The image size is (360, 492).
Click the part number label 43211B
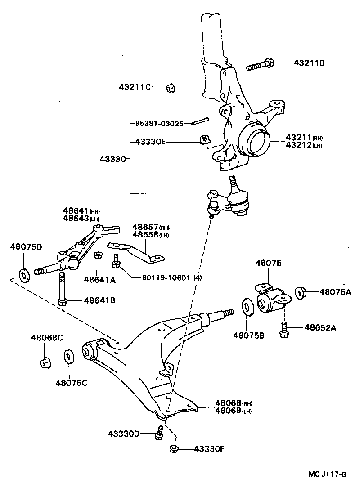[x=309, y=63]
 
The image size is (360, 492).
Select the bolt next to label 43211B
[x=260, y=65]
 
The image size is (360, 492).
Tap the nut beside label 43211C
[x=171, y=87]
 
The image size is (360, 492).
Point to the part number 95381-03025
[x=159, y=124]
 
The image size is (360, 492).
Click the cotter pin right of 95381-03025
[x=199, y=121]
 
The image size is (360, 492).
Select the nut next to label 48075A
[x=300, y=293]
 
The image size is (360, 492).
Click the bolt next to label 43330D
[x=159, y=433]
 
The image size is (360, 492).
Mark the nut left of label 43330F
[x=175, y=449]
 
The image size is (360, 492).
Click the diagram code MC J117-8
[x=327, y=474]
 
